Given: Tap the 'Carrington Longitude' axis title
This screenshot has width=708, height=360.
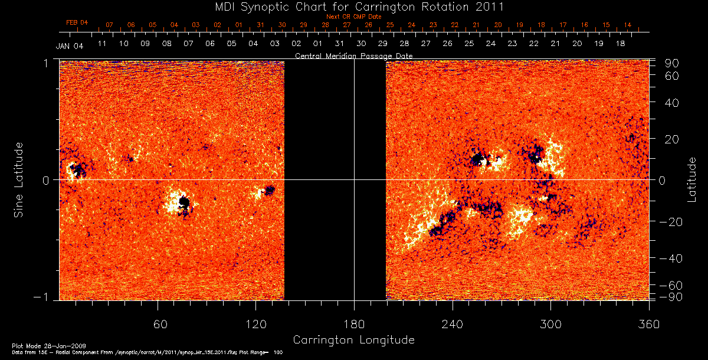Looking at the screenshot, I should click(x=353, y=340).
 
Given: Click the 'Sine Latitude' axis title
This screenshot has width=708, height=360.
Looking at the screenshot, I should click(x=19, y=179).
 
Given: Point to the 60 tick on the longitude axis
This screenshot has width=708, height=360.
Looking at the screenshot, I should click(x=158, y=324).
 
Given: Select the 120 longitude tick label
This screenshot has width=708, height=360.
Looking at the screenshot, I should click(x=255, y=324).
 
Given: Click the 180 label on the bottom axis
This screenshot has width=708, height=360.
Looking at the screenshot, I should click(x=354, y=324).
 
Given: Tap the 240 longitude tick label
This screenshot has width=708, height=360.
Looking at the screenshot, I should click(x=452, y=324).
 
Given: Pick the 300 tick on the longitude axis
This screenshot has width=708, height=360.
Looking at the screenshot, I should click(x=550, y=324).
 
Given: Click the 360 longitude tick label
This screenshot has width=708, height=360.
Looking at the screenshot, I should click(x=648, y=324).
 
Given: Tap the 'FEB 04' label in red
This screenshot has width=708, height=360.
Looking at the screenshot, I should click(x=77, y=22).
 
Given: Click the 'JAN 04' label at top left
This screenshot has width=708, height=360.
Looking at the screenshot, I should click(x=70, y=47).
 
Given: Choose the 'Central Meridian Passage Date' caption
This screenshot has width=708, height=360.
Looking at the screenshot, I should click(x=353, y=56).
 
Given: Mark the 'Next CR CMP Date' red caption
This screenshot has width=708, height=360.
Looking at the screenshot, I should click(x=353, y=17).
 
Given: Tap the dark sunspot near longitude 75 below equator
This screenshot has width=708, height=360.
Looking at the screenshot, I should click(x=184, y=202).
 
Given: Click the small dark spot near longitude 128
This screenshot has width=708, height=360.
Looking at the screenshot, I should click(x=270, y=189).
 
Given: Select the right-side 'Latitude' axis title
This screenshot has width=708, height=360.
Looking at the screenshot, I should click(x=691, y=179).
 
